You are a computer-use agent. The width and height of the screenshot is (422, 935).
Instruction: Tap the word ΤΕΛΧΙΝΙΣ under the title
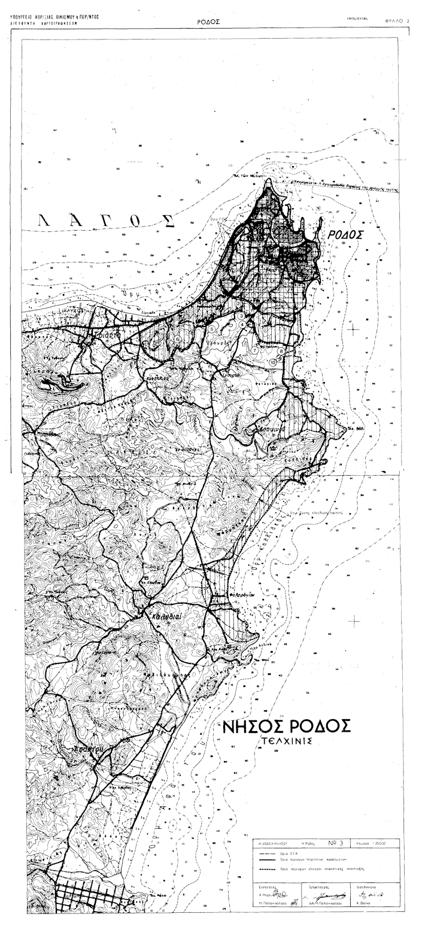coord(287,742)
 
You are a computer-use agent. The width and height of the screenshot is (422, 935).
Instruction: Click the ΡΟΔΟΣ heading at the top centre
coord(208,22)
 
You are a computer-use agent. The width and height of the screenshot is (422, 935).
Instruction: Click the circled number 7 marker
coord(255,351)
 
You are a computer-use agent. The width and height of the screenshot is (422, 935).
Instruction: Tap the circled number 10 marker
coord(273,362)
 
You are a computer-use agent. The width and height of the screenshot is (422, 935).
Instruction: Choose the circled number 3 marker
coord(240,316)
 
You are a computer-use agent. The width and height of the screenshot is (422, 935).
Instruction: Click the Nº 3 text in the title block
coord(335,843)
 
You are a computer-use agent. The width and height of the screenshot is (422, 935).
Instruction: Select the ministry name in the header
coord(54,17)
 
